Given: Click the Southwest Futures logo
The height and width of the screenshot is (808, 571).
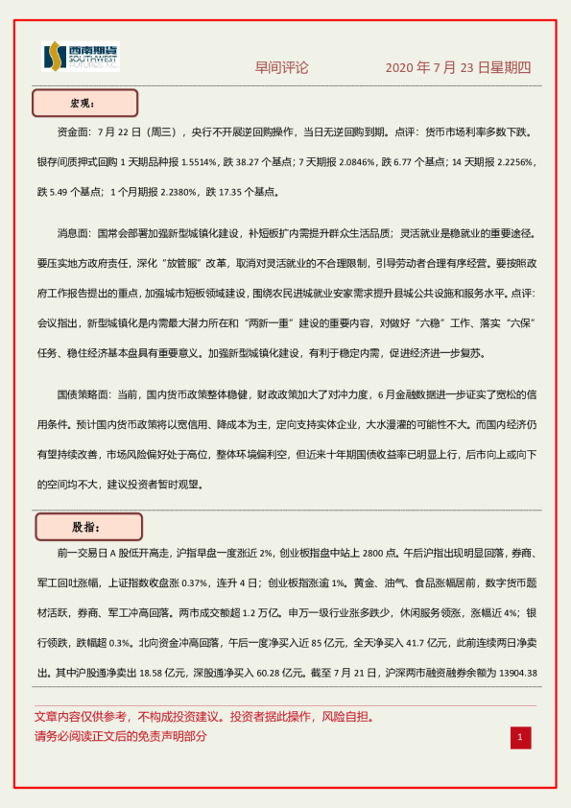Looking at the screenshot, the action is (x=81, y=58).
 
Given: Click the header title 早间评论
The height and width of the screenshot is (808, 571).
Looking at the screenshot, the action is (x=281, y=68).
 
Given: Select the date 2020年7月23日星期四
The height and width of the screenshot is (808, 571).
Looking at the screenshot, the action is (x=458, y=68).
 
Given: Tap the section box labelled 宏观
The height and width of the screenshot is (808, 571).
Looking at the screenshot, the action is (x=85, y=103).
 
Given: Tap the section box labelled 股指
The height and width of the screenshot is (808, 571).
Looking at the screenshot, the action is (x=88, y=527).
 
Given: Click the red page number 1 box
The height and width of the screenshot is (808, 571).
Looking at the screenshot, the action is (x=519, y=737).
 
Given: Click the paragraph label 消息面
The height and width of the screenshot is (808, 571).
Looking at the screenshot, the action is (x=76, y=233).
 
